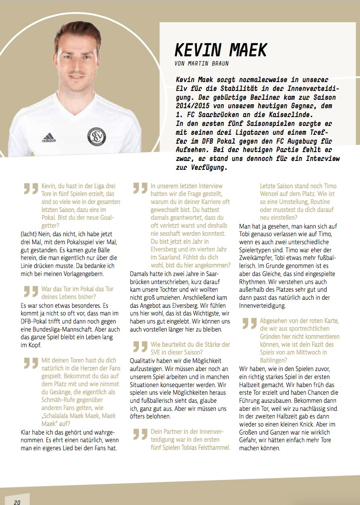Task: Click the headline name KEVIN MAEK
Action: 221,49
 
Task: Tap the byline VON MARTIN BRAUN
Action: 202,64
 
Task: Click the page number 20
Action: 17,502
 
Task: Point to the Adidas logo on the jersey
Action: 49,138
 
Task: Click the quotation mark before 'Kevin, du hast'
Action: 31,188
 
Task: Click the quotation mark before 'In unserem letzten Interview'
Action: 140,188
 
